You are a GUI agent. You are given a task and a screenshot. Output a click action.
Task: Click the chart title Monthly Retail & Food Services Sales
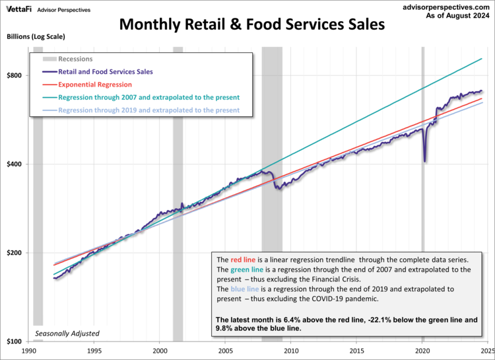point(251,26)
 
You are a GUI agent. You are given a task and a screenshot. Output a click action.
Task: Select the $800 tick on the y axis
point(15,75)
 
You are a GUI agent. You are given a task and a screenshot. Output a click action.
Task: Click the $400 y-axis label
point(15,164)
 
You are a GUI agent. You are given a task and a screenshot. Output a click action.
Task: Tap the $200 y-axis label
point(15,253)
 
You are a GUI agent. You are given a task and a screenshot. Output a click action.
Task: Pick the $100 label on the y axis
point(15,342)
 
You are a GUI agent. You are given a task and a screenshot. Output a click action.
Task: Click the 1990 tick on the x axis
point(29,351)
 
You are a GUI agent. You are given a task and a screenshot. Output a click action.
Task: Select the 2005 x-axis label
point(226,351)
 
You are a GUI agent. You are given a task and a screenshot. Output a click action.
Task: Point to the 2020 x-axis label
point(422,351)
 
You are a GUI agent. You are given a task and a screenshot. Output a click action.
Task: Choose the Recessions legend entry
point(75,59)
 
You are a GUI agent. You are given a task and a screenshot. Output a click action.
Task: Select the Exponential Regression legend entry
point(95,85)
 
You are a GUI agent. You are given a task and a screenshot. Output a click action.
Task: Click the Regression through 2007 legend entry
point(148,97)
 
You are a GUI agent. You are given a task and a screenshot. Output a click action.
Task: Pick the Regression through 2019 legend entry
point(148,110)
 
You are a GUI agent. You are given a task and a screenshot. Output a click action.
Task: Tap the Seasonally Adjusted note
point(67,334)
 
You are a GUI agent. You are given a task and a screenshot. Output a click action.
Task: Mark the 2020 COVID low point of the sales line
point(425,161)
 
